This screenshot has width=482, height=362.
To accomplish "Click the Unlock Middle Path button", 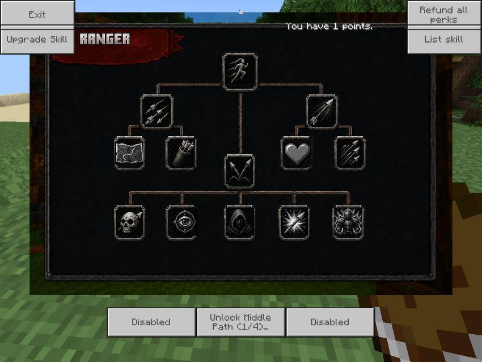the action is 240,322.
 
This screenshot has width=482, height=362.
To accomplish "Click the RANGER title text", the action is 105,39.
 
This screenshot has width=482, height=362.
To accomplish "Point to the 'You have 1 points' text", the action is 329,27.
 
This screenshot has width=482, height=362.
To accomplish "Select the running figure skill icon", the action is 240,72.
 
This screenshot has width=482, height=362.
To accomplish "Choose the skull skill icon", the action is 129,222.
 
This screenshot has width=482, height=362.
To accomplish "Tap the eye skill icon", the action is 181,222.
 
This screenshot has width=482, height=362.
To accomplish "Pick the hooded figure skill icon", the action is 240,222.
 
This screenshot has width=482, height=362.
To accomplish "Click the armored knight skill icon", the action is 348,222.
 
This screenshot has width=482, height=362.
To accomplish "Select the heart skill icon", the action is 297,153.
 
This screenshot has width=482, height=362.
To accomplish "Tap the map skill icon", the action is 129,153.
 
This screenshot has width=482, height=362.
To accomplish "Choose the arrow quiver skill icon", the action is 181,153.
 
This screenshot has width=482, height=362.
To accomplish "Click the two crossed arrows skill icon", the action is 240,171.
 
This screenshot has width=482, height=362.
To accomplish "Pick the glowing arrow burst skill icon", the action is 294,222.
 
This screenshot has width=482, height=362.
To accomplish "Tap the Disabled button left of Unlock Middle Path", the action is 151,322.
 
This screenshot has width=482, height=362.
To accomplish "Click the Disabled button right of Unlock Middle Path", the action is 330,322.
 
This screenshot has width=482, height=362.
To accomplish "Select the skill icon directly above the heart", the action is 322,111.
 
